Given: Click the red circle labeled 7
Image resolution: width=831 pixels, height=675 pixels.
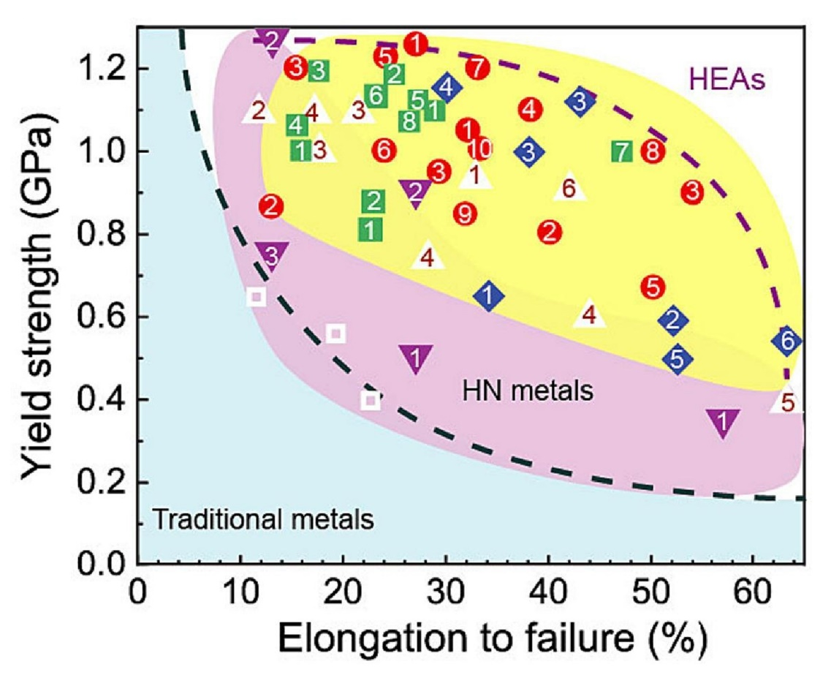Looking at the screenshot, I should click(x=477, y=68).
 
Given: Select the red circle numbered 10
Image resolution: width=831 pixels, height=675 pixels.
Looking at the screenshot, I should click(x=479, y=149).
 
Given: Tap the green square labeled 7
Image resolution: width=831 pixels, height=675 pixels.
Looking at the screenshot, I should click(x=622, y=152).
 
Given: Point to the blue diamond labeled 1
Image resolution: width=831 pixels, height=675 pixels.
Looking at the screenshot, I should click(x=489, y=296).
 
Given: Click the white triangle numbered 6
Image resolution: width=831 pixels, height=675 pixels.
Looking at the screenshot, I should click(x=569, y=188).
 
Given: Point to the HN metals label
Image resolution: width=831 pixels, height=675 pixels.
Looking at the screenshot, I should click(x=526, y=392).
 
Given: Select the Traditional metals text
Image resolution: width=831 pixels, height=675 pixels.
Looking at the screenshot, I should click(x=263, y=521).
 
